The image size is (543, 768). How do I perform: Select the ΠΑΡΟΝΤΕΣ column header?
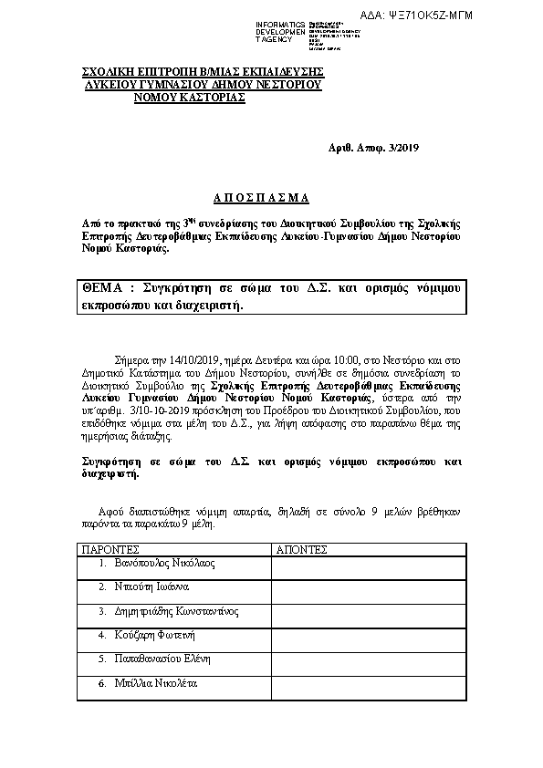coord(110,550)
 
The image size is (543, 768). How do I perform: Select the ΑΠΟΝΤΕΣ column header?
coord(301,550)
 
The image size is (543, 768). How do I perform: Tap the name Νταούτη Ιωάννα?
coord(151,586)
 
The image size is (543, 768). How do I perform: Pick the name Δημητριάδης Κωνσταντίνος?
coord(176,610)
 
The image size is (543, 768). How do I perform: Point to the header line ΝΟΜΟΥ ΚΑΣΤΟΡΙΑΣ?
coord(190,97)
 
